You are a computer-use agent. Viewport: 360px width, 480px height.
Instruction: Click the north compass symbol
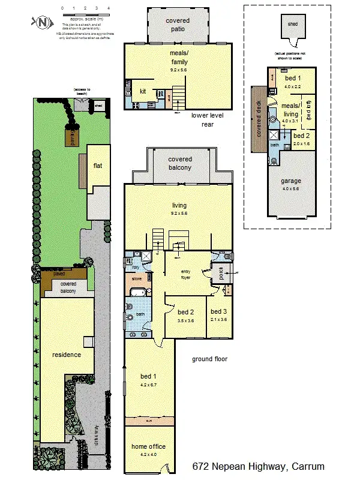(x=41, y=22)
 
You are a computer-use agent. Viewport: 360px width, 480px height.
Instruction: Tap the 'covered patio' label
(x=178, y=25)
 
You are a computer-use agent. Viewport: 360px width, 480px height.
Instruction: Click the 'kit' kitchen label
(x=143, y=91)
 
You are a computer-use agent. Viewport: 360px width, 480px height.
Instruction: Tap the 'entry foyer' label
(x=190, y=274)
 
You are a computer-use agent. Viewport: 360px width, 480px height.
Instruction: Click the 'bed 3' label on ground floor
(x=218, y=315)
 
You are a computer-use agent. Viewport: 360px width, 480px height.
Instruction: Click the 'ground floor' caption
(x=209, y=359)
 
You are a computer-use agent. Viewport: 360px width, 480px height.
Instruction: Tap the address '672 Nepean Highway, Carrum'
(x=259, y=466)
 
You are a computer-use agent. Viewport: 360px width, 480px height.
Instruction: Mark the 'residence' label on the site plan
(x=66, y=355)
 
